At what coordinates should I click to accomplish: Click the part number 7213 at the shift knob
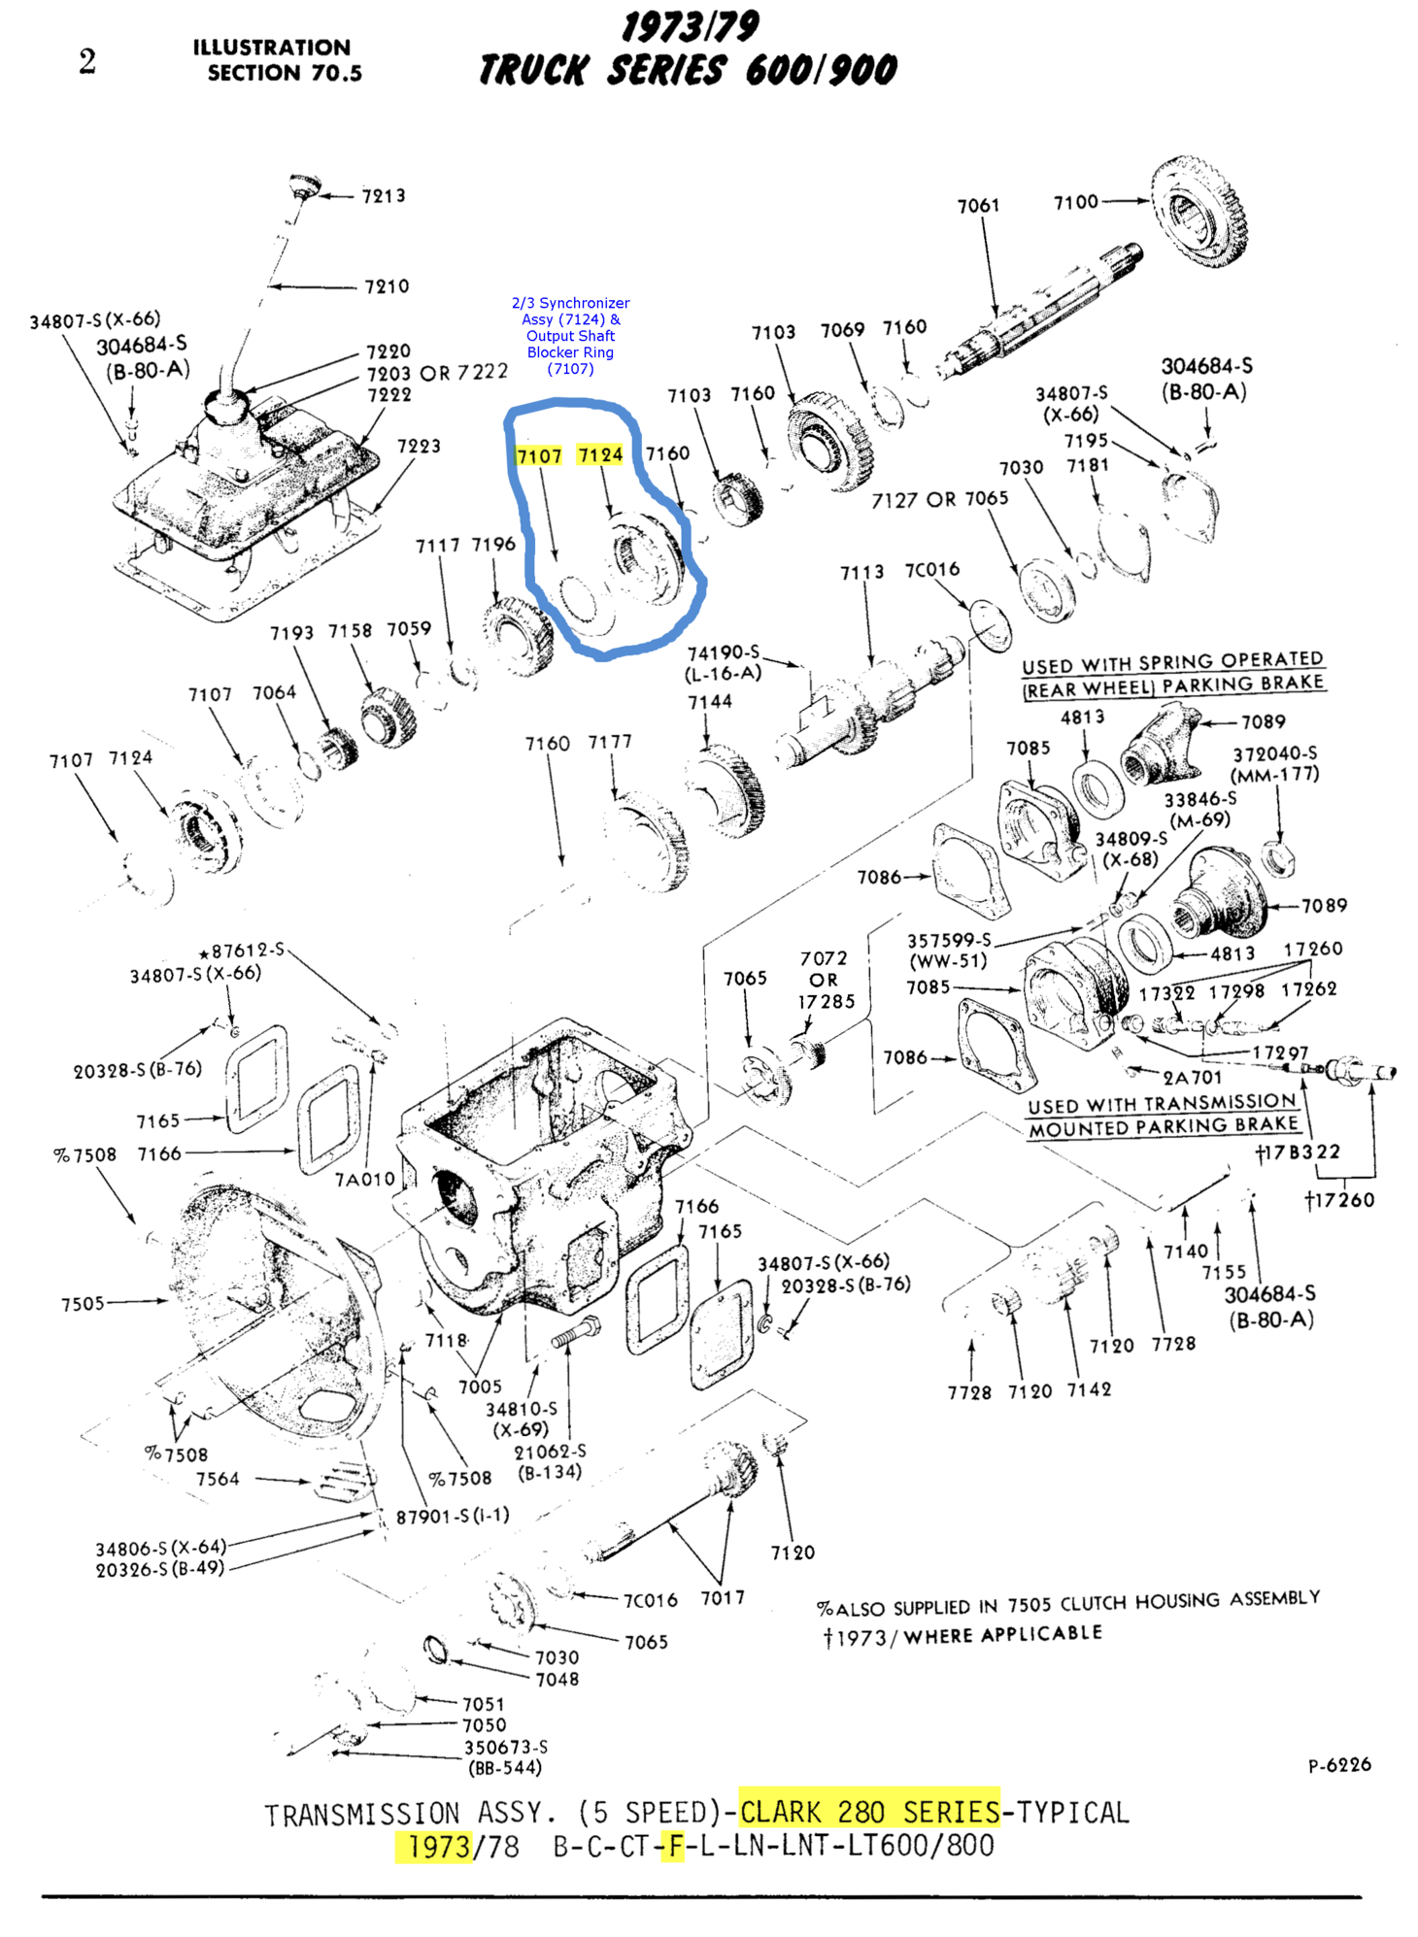point(384,196)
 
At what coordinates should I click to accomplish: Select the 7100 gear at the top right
point(1199,211)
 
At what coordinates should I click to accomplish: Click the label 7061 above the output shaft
point(978,206)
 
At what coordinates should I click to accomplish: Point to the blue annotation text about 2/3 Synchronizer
point(570,335)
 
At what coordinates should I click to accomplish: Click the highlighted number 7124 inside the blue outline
point(599,454)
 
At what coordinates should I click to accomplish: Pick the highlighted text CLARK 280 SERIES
point(869,1812)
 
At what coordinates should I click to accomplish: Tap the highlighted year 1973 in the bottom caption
point(439,1846)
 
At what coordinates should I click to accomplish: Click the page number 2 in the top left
point(87,62)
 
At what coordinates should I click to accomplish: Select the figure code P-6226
point(1338,1764)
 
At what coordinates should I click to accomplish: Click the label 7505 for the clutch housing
point(83,1303)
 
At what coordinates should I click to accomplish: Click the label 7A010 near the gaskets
point(364,1179)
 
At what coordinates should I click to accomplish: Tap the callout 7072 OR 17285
point(825,980)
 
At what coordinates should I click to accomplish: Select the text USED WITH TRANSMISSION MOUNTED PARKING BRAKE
point(1163,1115)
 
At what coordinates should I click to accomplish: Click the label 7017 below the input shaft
point(723,1597)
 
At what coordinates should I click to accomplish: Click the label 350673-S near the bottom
point(505,1747)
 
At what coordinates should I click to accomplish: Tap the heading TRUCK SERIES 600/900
point(688,70)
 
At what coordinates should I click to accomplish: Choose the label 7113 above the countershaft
point(861,573)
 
